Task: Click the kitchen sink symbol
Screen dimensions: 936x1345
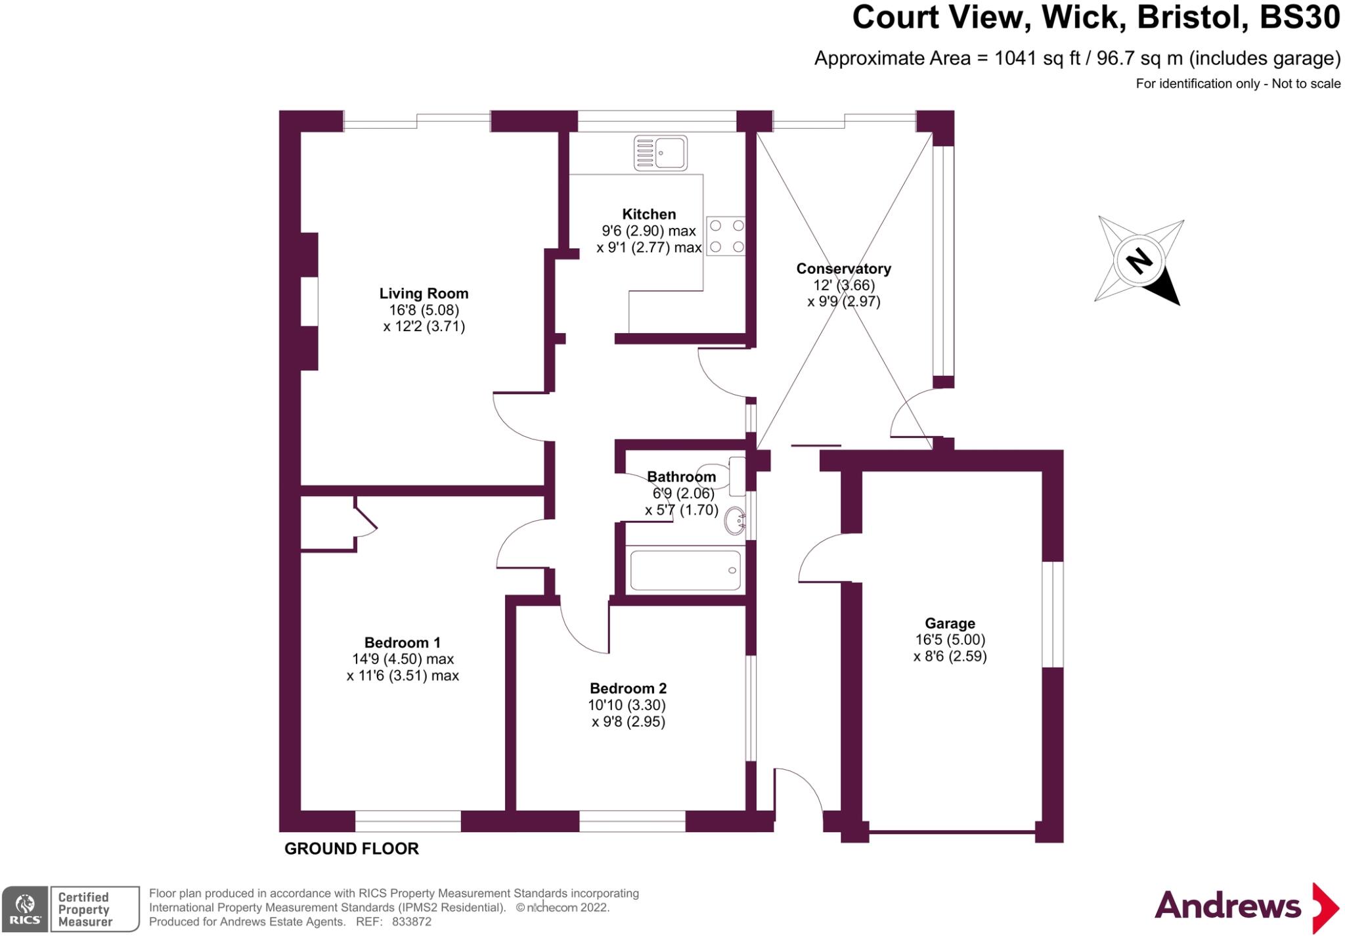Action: tap(660, 153)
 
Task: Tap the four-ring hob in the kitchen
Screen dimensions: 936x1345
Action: tap(726, 236)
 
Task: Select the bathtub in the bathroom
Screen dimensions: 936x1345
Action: tap(685, 570)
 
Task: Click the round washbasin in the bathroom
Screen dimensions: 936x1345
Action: tap(735, 522)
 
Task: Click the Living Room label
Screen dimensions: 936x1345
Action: tap(424, 294)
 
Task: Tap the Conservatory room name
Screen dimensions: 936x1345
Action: tap(843, 269)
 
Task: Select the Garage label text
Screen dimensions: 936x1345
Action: tap(950, 623)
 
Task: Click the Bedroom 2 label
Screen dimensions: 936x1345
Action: tap(628, 688)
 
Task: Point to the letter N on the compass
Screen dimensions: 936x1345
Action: tap(1139, 261)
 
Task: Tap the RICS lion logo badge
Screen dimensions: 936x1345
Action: tap(25, 909)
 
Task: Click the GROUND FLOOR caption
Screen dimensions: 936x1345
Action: tap(351, 849)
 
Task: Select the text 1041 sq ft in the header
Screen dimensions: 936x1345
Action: tap(1037, 58)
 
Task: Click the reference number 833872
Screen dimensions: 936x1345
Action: tap(412, 922)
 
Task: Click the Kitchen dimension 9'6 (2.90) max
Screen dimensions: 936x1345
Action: tap(648, 231)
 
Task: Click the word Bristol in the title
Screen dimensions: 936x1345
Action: tap(1192, 18)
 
